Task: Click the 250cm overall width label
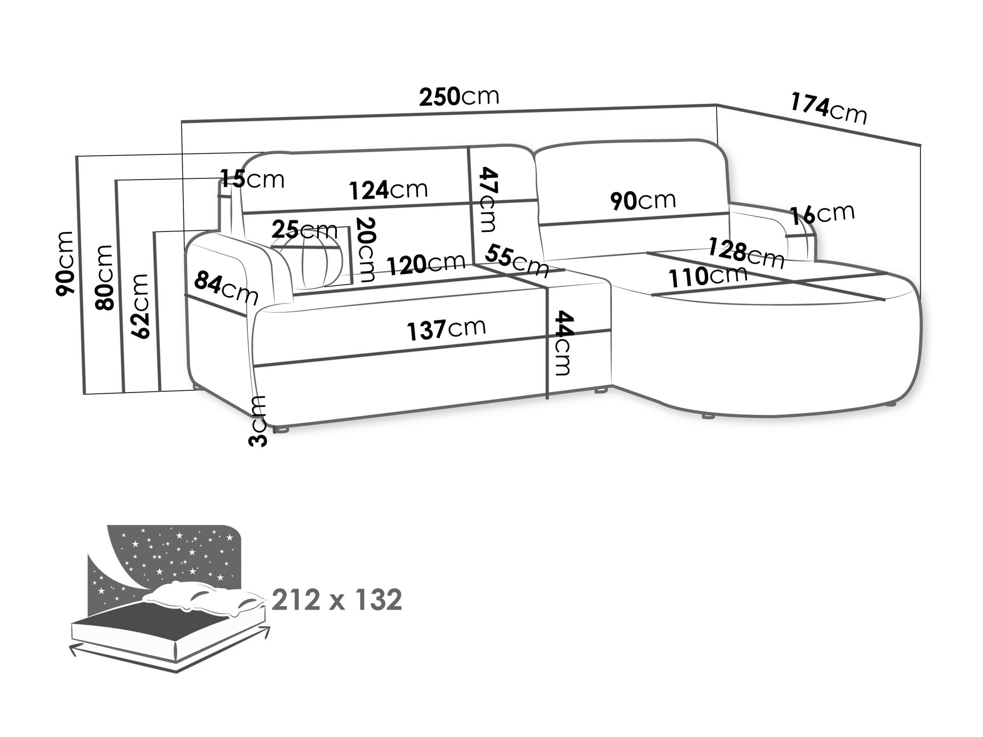tap(459, 96)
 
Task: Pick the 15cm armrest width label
tap(252, 179)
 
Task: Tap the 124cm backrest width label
tap(388, 190)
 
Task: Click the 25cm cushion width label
tap(304, 230)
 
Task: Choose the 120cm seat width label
tap(426, 264)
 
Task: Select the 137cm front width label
tap(446, 329)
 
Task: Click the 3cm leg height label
tap(258, 421)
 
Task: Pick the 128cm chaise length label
tap(745, 253)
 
